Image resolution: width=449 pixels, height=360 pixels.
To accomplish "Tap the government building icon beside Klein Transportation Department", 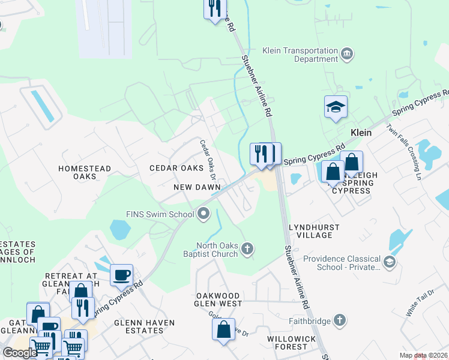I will (x=347, y=55).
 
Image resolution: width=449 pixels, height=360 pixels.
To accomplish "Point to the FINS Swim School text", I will (x=160, y=214).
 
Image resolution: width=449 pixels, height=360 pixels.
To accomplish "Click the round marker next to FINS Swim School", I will (x=204, y=214).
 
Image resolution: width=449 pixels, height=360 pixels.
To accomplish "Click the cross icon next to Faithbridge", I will (x=340, y=321).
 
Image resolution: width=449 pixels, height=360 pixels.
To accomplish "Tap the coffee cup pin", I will (x=122, y=275).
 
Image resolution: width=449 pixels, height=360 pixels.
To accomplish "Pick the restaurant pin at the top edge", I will (x=215, y=8).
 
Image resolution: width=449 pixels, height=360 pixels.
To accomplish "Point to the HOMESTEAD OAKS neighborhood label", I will (x=85, y=172).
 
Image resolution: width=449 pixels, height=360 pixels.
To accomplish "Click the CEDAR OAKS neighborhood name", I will (x=176, y=168).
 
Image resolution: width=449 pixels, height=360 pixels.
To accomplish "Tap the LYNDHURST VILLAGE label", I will (x=314, y=232).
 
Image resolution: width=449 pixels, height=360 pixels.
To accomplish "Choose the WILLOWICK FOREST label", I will (x=291, y=343).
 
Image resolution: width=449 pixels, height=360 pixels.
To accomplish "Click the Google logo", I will (x=20, y=352).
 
